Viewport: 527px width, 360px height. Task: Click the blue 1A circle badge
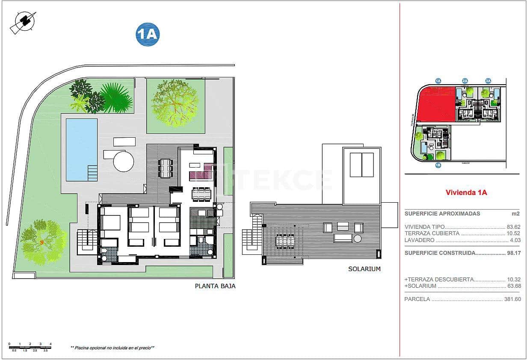coord(148,35)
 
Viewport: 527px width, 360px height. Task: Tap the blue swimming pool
coord(81,149)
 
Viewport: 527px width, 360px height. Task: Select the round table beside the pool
coord(124,162)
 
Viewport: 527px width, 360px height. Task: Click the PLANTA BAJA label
coord(215,286)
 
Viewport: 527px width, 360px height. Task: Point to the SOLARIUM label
coord(364,269)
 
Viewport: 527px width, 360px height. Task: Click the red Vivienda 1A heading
coord(466,192)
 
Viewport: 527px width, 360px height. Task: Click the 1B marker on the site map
coord(438,165)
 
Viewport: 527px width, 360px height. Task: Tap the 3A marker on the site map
coord(488,80)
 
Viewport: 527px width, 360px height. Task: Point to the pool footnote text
coord(113,348)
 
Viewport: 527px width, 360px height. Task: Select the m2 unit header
coord(516,214)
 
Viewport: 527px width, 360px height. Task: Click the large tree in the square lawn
coord(175,104)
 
